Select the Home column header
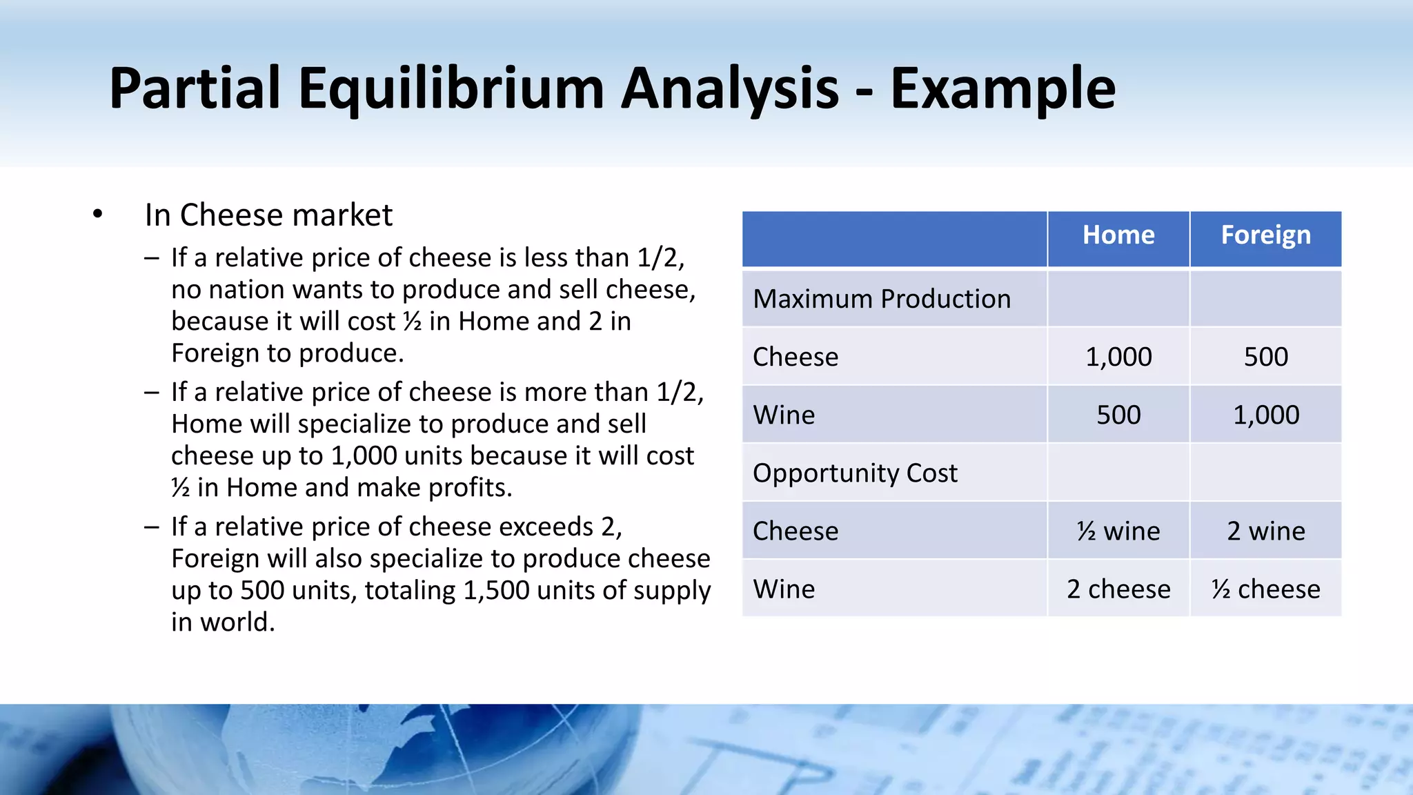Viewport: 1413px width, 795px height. pyautogui.click(x=1118, y=235)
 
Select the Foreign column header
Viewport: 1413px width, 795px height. pyautogui.click(x=1265, y=235)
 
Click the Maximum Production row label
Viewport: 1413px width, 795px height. pyautogui.click(x=882, y=299)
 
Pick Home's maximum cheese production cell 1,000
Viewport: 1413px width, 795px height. pyautogui.click(x=1118, y=357)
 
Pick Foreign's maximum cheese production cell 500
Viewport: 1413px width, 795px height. pyautogui.click(x=1265, y=357)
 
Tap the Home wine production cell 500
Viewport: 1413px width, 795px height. pyautogui.click(x=1118, y=415)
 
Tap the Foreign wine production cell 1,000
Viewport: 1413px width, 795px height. pyautogui.click(x=1265, y=415)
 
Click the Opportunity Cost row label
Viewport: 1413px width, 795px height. pyautogui.click(x=855, y=473)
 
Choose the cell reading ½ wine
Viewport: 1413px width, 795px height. pyautogui.click(x=1118, y=531)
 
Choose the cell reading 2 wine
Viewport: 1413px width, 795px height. pyautogui.click(x=1265, y=531)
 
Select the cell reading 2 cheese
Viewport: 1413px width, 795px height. pyautogui.click(x=1118, y=589)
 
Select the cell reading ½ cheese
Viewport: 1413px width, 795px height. pyautogui.click(x=1265, y=589)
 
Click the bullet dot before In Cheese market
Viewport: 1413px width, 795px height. pyautogui.click(x=97, y=215)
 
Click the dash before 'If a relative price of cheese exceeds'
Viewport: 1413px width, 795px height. pyautogui.click(x=152, y=527)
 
